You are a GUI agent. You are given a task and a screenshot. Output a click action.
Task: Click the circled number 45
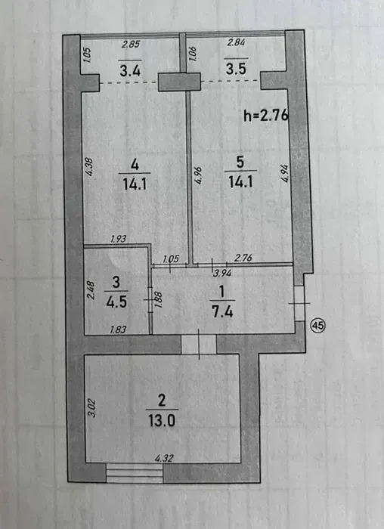tap(317, 326)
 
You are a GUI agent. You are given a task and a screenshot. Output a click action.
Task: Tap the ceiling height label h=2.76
tap(266, 116)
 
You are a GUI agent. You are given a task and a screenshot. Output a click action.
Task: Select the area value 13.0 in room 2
tap(162, 421)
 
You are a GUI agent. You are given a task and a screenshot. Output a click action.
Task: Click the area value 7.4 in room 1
tap(222, 311)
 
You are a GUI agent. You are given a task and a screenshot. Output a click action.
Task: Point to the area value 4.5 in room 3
tap(116, 302)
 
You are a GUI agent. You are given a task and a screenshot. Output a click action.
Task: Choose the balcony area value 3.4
tap(130, 71)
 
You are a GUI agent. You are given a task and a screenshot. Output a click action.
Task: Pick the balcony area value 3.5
tap(236, 70)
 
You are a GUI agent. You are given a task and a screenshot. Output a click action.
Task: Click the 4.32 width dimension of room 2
tap(164, 458)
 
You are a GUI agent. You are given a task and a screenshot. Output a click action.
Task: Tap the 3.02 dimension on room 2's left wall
tap(92, 409)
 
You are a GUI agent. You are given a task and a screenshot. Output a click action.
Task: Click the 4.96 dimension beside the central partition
tap(198, 175)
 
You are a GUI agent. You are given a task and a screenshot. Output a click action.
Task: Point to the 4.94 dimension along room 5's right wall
tap(285, 173)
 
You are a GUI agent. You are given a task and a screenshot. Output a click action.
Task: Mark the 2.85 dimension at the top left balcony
tap(130, 44)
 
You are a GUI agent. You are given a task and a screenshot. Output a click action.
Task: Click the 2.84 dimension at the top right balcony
tap(236, 42)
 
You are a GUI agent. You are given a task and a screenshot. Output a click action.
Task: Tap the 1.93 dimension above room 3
tap(119, 239)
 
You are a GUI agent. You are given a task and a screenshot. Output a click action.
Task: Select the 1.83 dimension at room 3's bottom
tap(118, 329)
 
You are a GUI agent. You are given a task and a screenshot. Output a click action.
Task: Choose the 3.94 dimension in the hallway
tap(223, 273)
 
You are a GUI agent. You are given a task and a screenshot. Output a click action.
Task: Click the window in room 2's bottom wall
tap(135, 472)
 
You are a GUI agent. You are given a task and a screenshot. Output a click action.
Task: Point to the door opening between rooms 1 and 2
tap(198, 344)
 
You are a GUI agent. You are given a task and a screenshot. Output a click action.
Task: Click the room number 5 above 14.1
tap(240, 162)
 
